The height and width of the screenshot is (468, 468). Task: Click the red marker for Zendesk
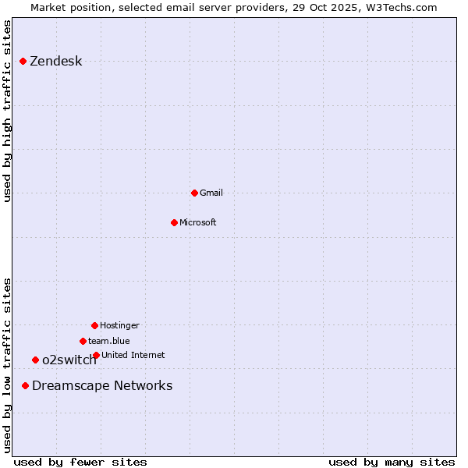click(23, 61)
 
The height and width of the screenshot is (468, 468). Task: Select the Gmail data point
click(194, 193)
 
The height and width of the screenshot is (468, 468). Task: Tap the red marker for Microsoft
click(174, 222)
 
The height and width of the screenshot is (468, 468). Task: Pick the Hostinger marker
click(94, 325)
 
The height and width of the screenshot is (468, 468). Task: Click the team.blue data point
click(83, 341)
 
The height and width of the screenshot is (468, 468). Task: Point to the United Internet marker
click(96, 355)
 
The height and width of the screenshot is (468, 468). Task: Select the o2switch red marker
click(35, 360)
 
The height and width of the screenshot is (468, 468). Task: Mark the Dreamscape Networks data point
click(25, 385)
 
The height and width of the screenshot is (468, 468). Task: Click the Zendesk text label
click(55, 62)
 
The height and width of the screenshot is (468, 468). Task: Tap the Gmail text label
click(211, 193)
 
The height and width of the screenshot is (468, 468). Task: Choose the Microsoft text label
click(197, 222)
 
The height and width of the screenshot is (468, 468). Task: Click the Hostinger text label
click(119, 325)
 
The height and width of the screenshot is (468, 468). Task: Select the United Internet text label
click(133, 355)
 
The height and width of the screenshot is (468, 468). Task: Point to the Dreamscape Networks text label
click(102, 385)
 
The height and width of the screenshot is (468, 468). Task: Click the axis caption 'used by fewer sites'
click(80, 462)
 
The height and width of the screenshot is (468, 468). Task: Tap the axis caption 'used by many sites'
click(392, 462)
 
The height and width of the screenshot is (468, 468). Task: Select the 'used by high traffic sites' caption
click(7, 112)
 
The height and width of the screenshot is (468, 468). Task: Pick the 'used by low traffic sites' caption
click(7, 365)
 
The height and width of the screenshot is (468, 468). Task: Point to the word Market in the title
click(49, 7)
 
